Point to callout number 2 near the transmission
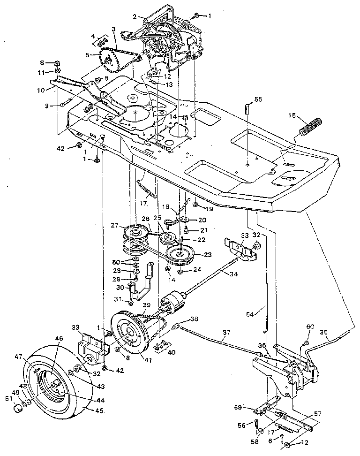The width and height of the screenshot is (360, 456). pos(135,16)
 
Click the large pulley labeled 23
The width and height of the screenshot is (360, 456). pos(180,256)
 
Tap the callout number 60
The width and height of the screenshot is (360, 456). pos(310,327)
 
